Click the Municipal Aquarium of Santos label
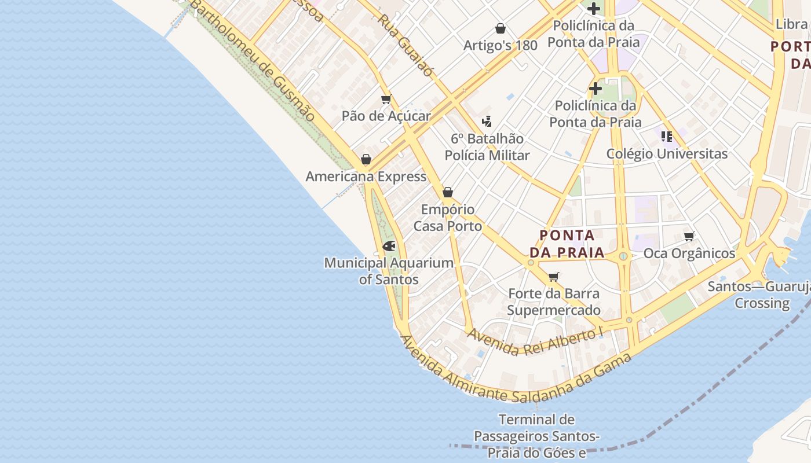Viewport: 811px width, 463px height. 389,271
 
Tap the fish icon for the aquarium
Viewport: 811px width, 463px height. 389,246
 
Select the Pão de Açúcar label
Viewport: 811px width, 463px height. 386,116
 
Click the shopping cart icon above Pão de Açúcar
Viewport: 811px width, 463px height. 386,100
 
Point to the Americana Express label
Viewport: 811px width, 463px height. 366,177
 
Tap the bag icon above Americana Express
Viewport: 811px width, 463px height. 366,159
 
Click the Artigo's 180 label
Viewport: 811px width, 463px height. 501,45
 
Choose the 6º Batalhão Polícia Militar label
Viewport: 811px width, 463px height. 487,147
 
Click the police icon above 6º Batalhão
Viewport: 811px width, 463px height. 487,122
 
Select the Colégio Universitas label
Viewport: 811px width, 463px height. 667,154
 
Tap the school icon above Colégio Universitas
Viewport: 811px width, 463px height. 667,137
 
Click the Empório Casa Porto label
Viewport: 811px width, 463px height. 448,218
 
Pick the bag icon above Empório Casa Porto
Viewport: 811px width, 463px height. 448,192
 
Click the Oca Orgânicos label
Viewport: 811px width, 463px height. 689,253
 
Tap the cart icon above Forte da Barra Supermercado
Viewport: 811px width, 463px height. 554,277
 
